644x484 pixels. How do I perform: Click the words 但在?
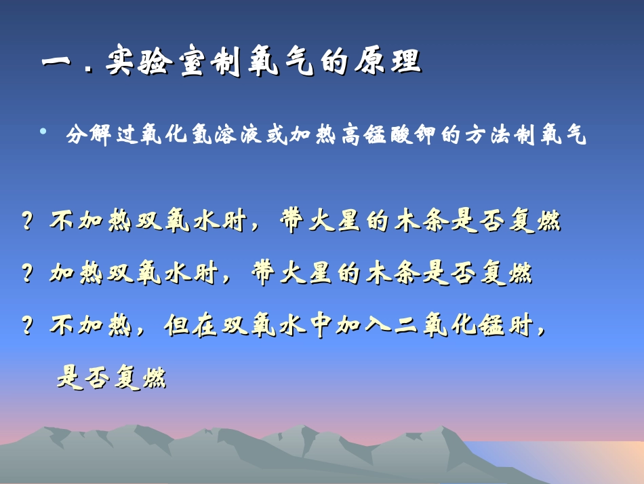(x=191, y=327)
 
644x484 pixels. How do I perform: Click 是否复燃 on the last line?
(x=111, y=377)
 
